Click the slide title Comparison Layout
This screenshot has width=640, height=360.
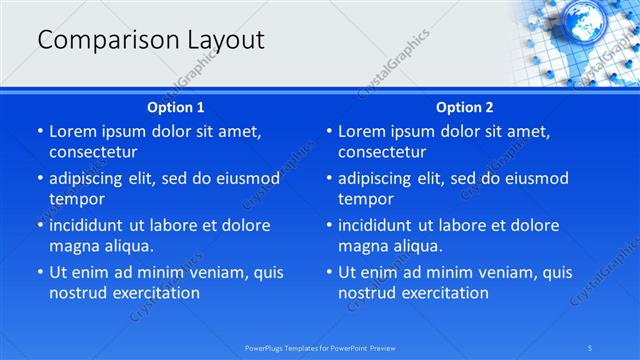(x=151, y=40)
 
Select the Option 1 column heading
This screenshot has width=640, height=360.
(x=176, y=107)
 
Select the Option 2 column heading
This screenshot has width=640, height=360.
(x=465, y=107)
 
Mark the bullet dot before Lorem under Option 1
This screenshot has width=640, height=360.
(x=40, y=132)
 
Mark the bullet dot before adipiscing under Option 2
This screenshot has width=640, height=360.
(x=329, y=179)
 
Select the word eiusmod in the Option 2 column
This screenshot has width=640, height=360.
(x=533, y=178)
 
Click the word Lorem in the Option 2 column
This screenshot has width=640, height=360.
(x=362, y=131)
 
